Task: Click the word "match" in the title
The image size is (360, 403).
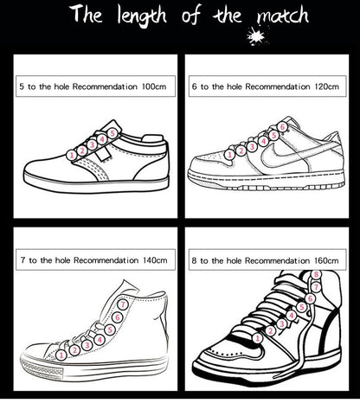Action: coord(283,16)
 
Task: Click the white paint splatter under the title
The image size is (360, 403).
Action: coord(256,35)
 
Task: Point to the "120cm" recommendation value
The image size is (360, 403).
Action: coord(327,86)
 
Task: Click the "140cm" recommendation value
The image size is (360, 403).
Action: coord(155,260)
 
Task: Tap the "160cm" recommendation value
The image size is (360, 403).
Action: coord(326,260)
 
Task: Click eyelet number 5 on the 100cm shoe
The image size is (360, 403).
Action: coord(112,133)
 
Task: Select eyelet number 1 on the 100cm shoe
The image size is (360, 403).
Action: coord(72,156)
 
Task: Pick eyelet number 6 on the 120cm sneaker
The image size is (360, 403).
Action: coord(282,126)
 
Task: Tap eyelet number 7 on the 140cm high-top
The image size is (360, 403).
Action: coord(123,304)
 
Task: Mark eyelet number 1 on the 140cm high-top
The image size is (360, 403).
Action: coord(61,355)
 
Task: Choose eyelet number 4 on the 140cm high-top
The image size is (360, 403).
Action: coord(100,340)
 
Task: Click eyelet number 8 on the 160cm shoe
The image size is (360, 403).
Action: coord(316,274)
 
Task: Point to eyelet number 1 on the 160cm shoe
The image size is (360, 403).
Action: coord(258,338)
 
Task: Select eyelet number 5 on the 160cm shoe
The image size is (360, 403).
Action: coord(301,307)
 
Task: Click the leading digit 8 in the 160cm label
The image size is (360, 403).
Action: coord(194,260)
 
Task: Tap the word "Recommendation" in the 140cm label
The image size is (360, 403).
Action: coord(106,260)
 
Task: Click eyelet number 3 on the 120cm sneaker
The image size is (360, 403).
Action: coord(252,146)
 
